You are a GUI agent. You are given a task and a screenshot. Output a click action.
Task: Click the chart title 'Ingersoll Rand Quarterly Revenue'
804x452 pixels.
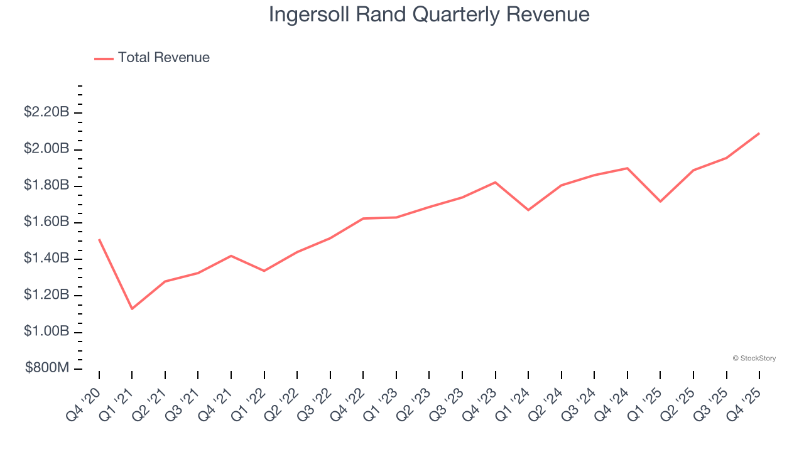tap(429, 14)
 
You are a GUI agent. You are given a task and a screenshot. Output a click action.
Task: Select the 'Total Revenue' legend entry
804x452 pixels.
tap(163, 58)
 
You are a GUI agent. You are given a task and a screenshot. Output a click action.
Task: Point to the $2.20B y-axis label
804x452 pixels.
tap(46, 112)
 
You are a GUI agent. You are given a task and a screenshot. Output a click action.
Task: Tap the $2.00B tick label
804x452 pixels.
tap(46, 149)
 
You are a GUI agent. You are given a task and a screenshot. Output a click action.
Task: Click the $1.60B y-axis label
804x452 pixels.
tap(46, 222)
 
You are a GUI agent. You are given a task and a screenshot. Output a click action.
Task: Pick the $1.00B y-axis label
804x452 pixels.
tap(46, 331)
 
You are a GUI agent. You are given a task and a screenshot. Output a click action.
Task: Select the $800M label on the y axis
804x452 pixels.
tap(47, 368)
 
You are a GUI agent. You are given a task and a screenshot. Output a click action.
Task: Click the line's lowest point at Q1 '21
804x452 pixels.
tap(132, 309)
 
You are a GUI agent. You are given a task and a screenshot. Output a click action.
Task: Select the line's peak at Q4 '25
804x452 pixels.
tap(759, 133)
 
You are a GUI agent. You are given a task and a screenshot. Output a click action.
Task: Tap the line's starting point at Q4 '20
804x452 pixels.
tap(99, 239)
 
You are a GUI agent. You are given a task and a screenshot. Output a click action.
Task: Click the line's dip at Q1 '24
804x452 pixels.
tap(528, 210)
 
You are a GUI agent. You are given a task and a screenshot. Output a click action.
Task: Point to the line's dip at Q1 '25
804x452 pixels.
tap(660, 202)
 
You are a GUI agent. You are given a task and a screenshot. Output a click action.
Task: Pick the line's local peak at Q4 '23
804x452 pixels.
tap(495, 182)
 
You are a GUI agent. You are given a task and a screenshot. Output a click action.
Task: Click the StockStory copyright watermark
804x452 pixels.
tap(754, 358)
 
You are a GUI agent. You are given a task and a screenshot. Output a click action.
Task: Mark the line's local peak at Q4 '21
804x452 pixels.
tap(231, 256)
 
